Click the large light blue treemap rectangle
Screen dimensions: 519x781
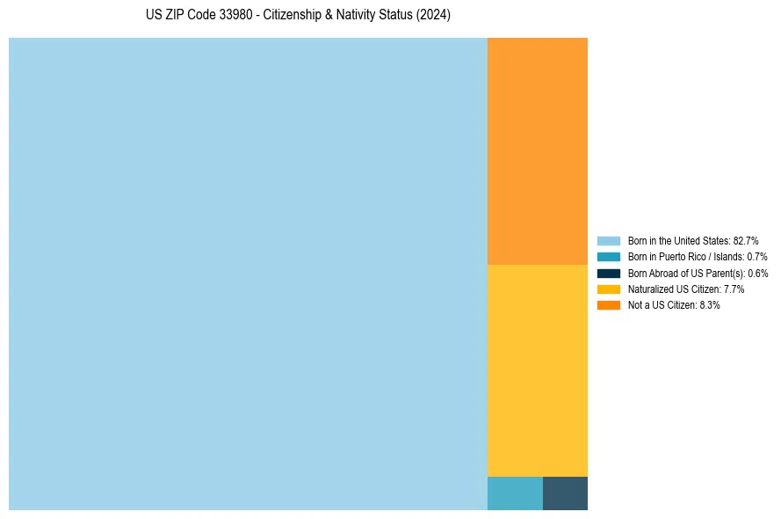click(x=248, y=274)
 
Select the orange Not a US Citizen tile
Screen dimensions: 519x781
click(x=538, y=150)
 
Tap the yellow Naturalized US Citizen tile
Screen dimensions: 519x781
click(x=538, y=370)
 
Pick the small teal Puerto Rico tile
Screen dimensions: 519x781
click(x=515, y=493)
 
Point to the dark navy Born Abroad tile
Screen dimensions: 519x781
click(x=565, y=493)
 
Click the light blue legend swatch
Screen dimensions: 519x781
click(x=609, y=240)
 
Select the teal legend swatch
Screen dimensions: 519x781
click(x=609, y=257)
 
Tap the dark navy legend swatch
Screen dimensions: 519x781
click(x=609, y=273)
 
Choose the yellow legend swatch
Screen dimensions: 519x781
click(x=609, y=289)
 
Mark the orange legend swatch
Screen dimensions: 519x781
click(x=609, y=305)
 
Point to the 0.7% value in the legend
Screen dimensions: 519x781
click(x=757, y=257)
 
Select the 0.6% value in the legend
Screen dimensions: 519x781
click(x=758, y=273)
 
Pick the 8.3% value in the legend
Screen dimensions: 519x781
click(x=710, y=305)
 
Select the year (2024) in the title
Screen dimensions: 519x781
click(x=433, y=16)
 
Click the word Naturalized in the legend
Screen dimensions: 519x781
click(x=651, y=289)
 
